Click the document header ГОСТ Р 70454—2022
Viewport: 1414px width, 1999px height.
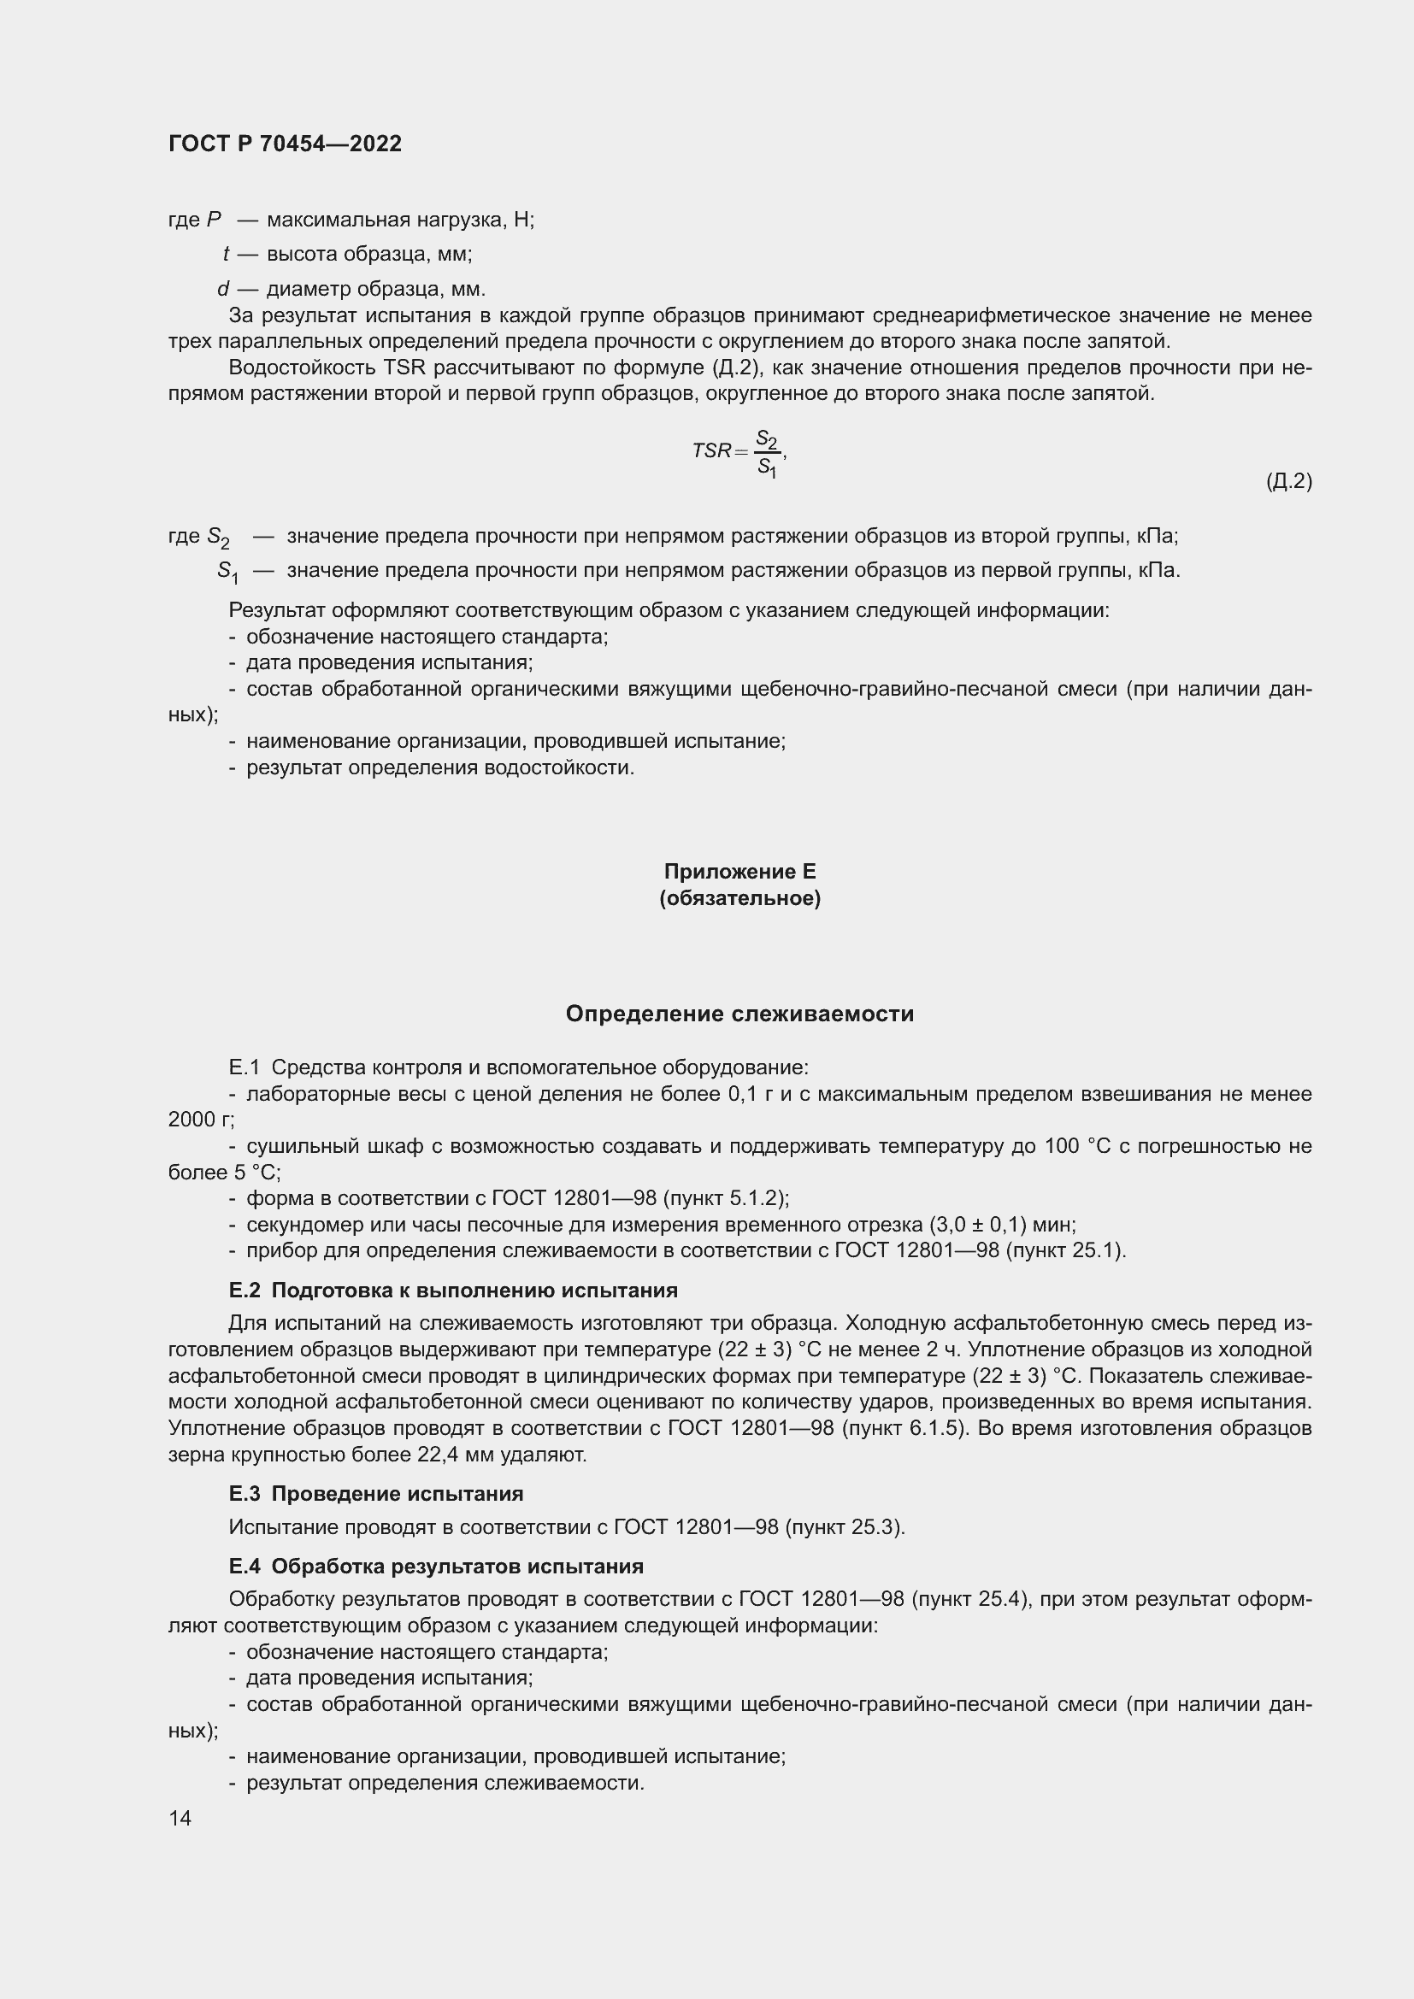(285, 144)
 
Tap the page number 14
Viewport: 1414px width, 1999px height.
(180, 1818)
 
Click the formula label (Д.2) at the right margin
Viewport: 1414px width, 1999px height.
(1288, 480)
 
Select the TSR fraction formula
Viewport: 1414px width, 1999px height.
(739, 451)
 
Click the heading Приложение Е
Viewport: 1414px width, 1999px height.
(739, 872)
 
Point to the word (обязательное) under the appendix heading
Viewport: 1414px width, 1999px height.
(739, 897)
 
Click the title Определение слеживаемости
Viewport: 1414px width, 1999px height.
(739, 1014)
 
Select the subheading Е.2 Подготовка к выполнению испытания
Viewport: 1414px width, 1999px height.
(453, 1290)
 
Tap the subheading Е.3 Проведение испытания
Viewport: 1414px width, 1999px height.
(376, 1493)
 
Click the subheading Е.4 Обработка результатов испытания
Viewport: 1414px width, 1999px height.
(436, 1567)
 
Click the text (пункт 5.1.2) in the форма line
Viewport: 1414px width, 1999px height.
(725, 1198)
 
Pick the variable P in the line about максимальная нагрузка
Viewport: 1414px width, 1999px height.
(215, 220)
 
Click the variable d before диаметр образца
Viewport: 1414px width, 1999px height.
(223, 289)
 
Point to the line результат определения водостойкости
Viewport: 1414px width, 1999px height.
(439, 768)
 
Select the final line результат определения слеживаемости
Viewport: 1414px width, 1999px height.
(445, 1782)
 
